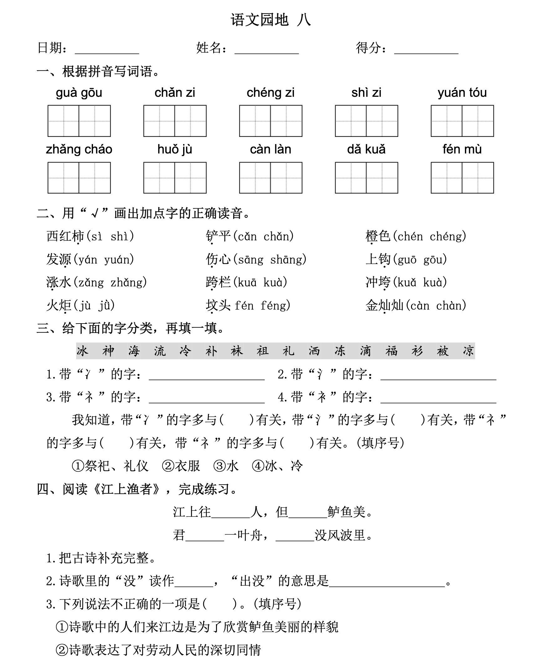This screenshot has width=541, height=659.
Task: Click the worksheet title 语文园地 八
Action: coord(270,20)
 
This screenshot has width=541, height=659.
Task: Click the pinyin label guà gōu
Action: coord(79,93)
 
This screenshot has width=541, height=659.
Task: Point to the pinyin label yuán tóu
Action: coord(462,93)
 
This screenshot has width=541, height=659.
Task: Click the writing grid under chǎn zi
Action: coord(175,121)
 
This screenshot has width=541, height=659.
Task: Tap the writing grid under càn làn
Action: coord(270,178)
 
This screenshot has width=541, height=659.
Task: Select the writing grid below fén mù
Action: coord(462,178)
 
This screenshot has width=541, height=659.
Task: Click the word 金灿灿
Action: coord(384,305)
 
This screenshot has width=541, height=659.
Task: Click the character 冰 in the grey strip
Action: coord(82,351)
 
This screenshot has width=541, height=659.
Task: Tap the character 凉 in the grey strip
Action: coord(468,351)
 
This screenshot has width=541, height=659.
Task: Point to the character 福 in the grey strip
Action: coord(391,351)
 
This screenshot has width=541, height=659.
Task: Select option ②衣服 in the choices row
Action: coord(181,466)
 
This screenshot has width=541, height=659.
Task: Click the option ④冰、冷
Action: coord(277,466)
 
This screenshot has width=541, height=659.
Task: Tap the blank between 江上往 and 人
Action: coord(230,512)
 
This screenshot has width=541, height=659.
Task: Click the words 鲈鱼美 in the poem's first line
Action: coord(346,512)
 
